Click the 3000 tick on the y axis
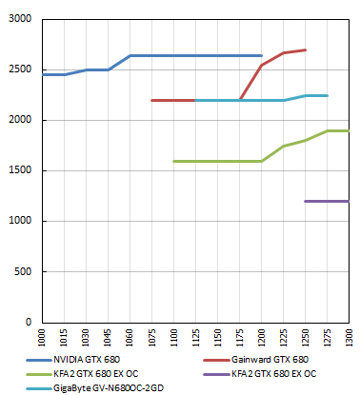[x=19, y=20]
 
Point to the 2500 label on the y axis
[x=19, y=70]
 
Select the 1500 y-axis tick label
[x=19, y=171]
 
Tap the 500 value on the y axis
[x=23, y=272]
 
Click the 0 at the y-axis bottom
[x=29, y=323]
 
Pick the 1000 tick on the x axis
[x=42, y=339]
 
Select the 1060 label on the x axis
[x=130, y=339]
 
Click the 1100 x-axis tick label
[x=174, y=339]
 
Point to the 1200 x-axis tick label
[x=262, y=339]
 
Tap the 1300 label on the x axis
[x=350, y=339]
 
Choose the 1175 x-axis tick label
[x=240, y=339]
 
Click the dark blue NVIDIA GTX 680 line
[x=190, y=55]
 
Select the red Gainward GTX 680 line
[x=171, y=100]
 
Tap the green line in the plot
[x=219, y=161]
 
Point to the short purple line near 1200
[x=327, y=201]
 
